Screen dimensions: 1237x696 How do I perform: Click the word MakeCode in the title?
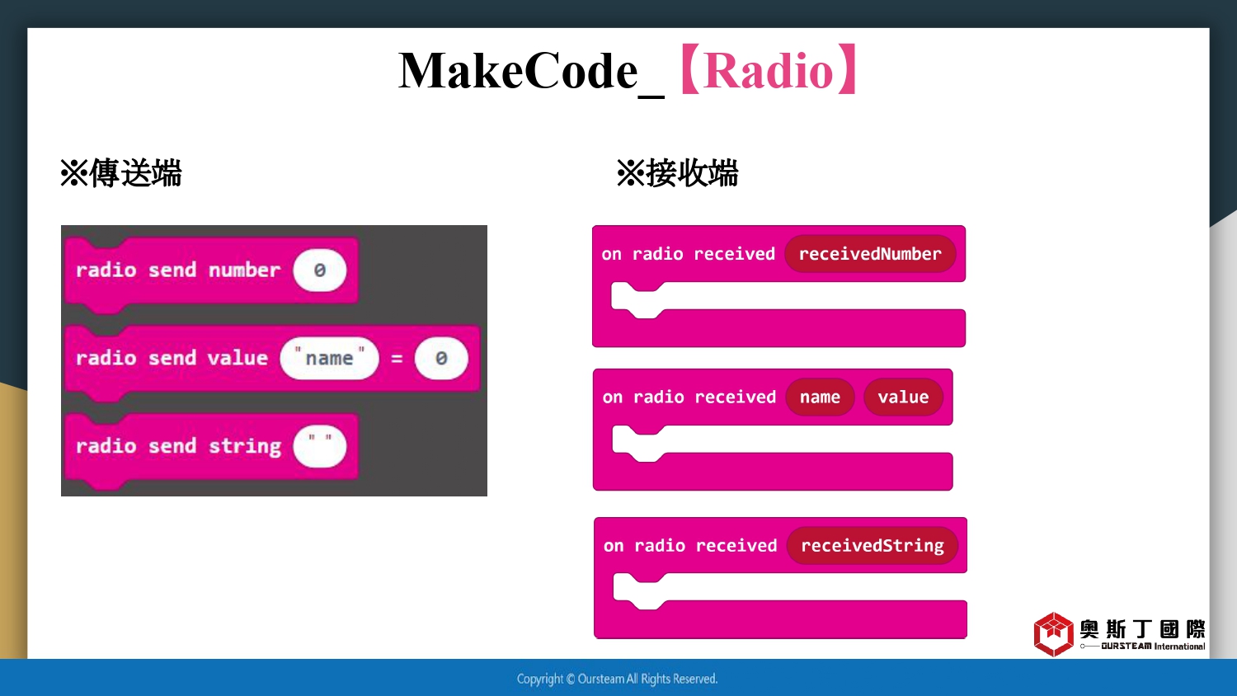click(x=518, y=71)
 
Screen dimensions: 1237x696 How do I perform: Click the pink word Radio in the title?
click(x=769, y=71)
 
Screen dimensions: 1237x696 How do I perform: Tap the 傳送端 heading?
click(x=136, y=173)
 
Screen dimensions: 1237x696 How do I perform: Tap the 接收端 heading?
click(x=693, y=173)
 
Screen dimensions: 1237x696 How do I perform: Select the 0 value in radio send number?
click(x=320, y=270)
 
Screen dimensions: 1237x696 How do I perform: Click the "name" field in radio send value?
click(x=329, y=358)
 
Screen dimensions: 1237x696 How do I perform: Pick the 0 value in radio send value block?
click(x=441, y=358)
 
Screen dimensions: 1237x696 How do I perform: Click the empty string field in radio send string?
click(x=320, y=446)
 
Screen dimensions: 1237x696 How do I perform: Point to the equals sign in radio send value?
click(x=397, y=359)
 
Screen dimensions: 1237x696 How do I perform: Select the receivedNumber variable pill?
click(x=870, y=253)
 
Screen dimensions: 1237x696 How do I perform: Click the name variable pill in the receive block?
click(x=820, y=397)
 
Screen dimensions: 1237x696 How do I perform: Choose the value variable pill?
click(x=904, y=397)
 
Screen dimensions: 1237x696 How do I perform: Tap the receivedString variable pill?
click(x=872, y=545)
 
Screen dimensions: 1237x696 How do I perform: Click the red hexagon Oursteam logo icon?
click(x=1054, y=634)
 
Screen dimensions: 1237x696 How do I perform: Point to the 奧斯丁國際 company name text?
click(x=1142, y=629)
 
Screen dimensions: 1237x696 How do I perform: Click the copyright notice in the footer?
click(x=617, y=679)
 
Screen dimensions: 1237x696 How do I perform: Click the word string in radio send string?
click(x=245, y=446)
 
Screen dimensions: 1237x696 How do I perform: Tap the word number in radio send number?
click(x=245, y=270)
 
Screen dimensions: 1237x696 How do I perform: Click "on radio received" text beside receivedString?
click(x=690, y=546)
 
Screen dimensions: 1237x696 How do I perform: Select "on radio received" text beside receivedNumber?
click(x=688, y=254)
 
